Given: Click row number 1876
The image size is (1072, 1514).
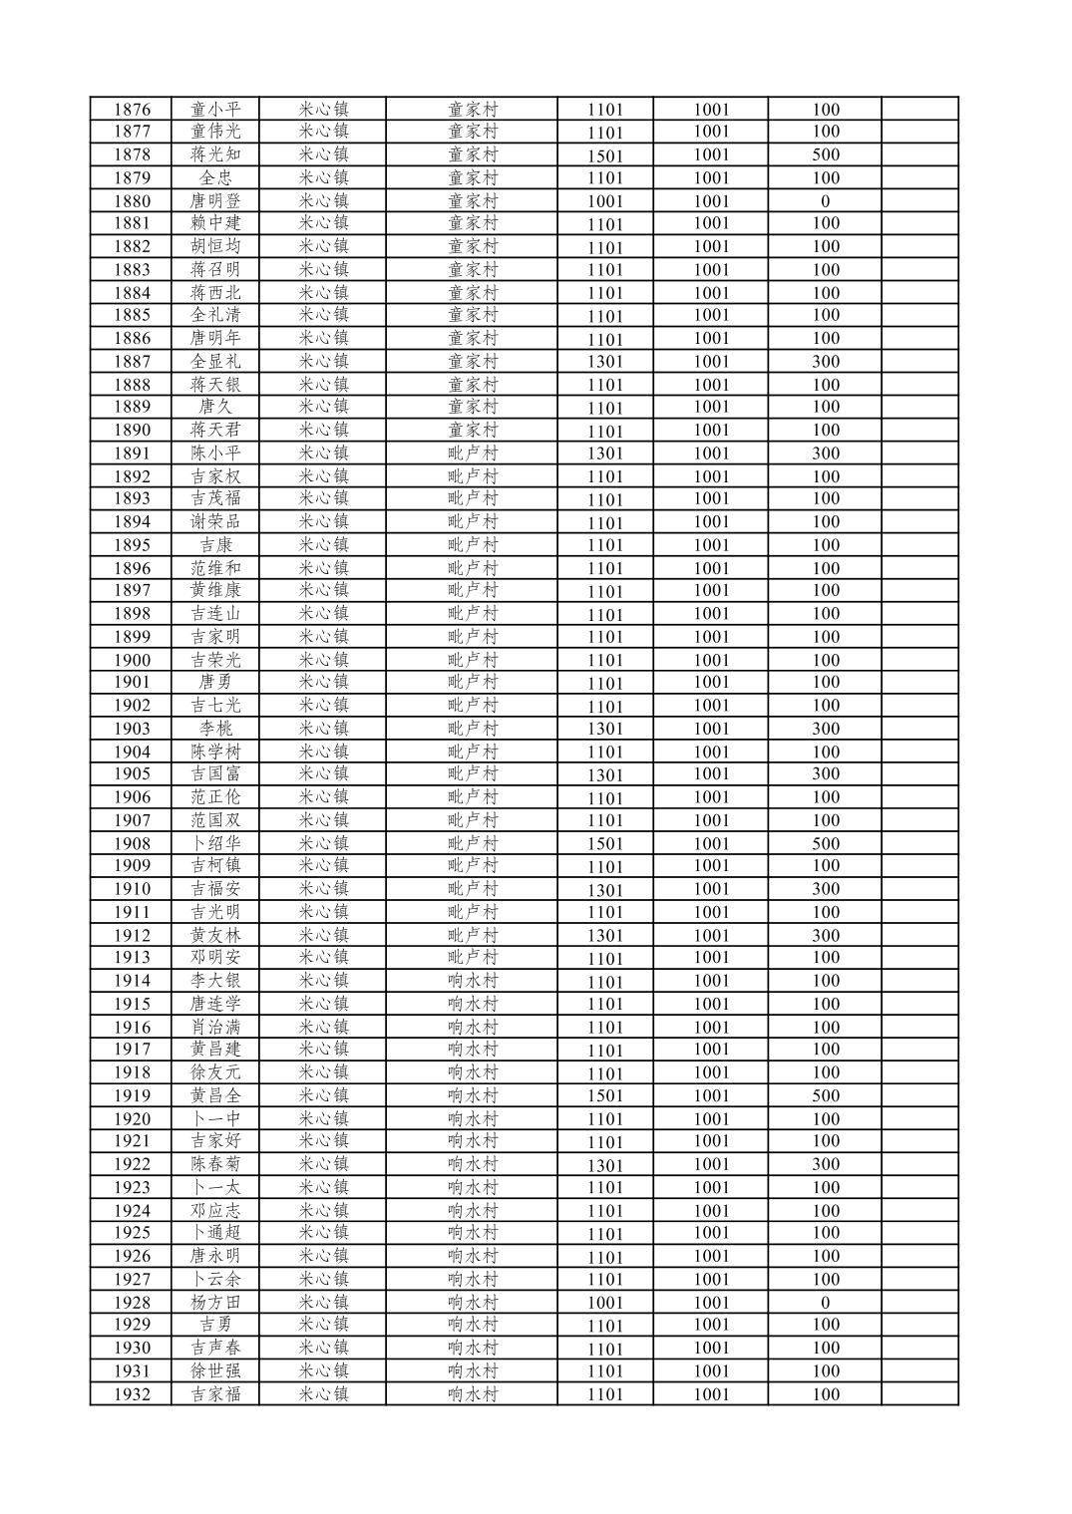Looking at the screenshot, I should point(132,110).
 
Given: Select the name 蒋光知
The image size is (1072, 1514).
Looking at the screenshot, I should point(215,154).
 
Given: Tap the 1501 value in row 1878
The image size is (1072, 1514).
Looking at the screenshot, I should point(604,155).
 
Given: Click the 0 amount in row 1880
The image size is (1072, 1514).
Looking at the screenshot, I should point(825,201).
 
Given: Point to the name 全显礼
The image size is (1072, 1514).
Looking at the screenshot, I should point(215,362).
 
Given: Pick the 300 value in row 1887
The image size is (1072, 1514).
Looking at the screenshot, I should point(825,362).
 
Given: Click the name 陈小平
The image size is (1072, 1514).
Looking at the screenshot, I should point(215,454).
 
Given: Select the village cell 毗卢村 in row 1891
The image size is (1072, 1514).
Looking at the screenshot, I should point(472,454).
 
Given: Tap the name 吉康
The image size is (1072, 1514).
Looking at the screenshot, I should point(215,545).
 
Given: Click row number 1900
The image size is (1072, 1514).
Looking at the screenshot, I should point(132,660).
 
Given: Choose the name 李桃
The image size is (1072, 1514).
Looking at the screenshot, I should point(215,729).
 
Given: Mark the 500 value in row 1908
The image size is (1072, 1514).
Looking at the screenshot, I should point(825,843).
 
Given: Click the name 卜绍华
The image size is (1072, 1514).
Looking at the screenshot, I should point(215,843).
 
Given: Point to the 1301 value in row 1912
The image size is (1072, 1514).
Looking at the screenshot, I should point(604,936).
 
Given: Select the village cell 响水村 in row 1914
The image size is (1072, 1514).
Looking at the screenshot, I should point(472,981).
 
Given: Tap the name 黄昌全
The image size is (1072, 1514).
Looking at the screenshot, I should point(215,1095).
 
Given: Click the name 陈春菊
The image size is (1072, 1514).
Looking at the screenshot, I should point(215,1164).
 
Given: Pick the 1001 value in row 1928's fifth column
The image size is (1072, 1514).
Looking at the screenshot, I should point(604,1303).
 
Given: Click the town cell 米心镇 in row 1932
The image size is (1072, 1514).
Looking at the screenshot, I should point(323,1394).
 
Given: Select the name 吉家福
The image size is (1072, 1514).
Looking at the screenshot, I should point(215,1394).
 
